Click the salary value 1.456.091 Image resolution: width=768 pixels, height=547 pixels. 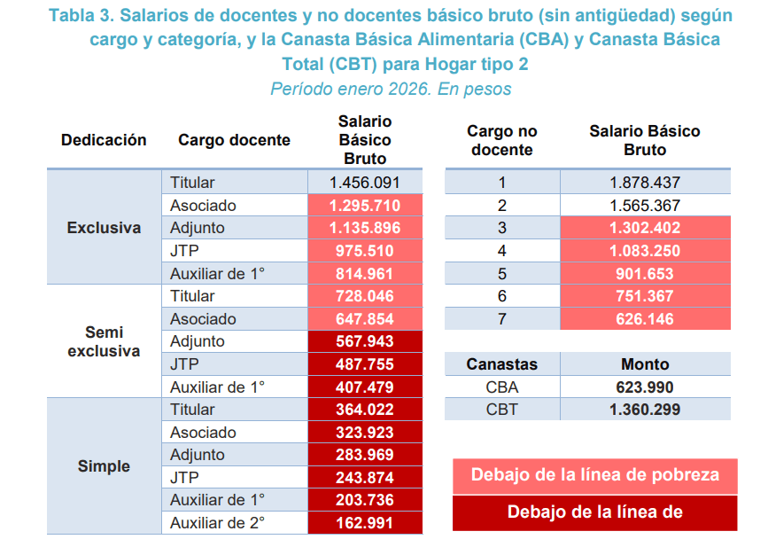pyautogui.click(x=364, y=183)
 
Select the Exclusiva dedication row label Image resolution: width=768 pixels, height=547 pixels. pyautogui.click(x=104, y=228)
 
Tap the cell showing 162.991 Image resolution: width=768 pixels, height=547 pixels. pyautogui.click(x=364, y=523)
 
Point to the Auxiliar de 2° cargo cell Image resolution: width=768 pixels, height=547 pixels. pyautogui.click(x=217, y=523)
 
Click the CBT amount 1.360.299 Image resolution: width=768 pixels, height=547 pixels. pyautogui.click(x=645, y=410)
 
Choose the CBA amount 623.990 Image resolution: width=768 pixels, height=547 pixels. pyautogui.click(x=645, y=387)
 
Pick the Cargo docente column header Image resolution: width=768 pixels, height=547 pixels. pyautogui.click(x=234, y=140)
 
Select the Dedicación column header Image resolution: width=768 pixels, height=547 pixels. pyautogui.click(x=104, y=140)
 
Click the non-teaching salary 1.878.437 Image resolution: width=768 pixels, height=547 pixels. pyautogui.click(x=645, y=183)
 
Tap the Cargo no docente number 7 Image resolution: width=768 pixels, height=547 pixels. pyautogui.click(x=502, y=319)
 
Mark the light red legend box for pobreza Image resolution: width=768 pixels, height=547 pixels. pyautogui.click(x=594, y=474)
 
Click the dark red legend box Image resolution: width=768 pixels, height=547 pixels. pyautogui.click(x=594, y=512)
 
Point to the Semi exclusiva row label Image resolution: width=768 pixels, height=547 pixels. pyautogui.click(x=104, y=341)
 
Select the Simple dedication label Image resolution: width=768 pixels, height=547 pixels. pyautogui.click(x=104, y=466)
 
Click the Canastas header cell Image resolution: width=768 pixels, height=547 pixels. pyautogui.click(x=502, y=364)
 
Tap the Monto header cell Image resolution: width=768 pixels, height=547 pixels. pyautogui.click(x=645, y=364)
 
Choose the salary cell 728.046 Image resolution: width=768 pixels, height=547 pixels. pyautogui.click(x=364, y=296)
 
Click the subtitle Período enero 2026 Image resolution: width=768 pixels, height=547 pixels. pyautogui.click(x=391, y=90)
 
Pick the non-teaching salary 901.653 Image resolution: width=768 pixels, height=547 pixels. pyautogui.click(x=645, y=274)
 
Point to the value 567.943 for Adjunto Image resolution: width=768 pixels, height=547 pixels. pyautogui.click(x=364, y=341)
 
